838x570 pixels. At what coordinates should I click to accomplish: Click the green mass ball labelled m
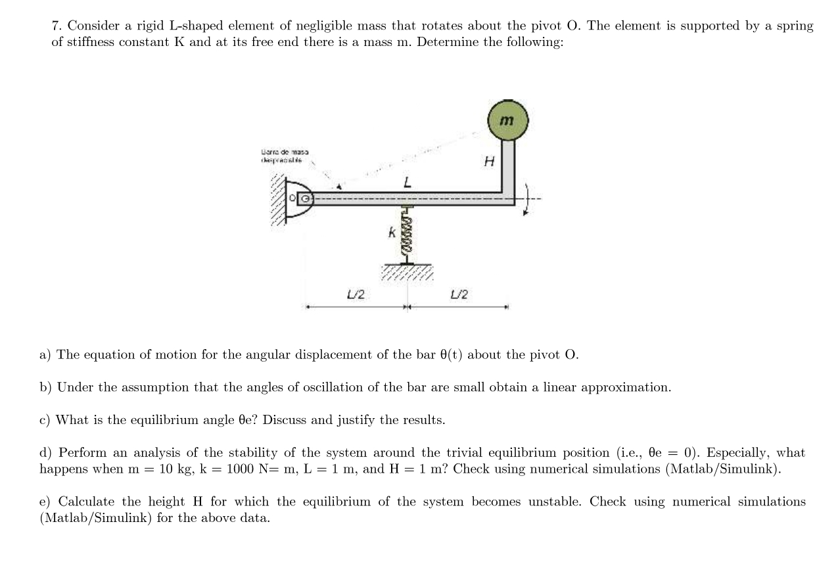click(x=507, y=120)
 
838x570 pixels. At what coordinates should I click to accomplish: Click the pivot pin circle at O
click(x=304, y=197)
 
